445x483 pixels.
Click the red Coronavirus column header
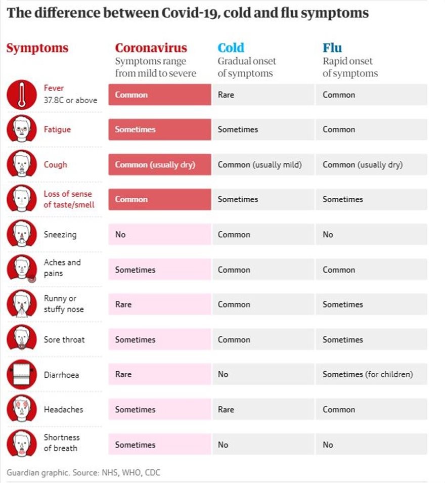click(151, 48)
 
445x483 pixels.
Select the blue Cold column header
click(231, 48)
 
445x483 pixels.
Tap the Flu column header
click(332, 48)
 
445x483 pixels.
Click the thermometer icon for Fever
click(22, 95)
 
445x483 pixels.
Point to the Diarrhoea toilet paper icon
click(22, 375)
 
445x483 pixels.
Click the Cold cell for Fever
click(263, 95)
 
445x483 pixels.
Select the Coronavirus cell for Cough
click(159, 165)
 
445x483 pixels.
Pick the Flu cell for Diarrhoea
click(371, 375)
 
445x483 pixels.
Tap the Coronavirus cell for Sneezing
click(159, 235)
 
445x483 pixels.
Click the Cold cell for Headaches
click(263, 410)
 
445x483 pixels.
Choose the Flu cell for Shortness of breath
click(371, 445)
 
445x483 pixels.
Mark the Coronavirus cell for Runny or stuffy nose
click(159, 304)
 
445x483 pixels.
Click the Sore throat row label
click(64, 340)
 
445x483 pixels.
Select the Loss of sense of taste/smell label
click(68, 199)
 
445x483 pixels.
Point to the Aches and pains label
click(62, 268)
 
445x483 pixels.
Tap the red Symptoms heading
click(37, 49)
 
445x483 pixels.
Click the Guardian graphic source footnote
click(83, 473)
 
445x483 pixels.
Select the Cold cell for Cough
click(263, 165)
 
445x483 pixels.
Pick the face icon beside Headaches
click(22, 410)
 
